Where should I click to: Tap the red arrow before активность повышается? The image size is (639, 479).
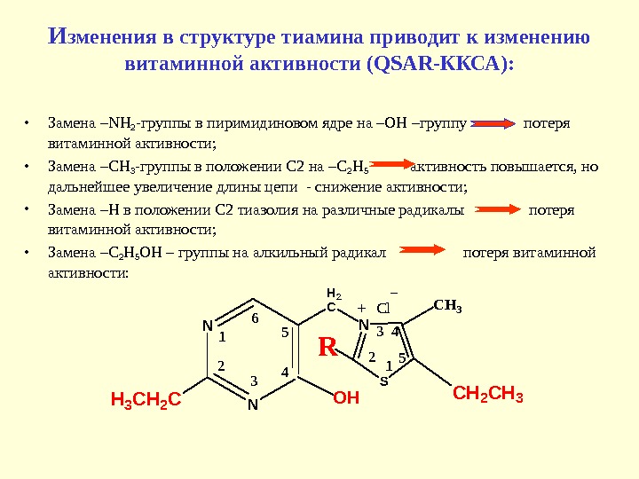[389, 166]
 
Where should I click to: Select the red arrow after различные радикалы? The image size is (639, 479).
[499, 210]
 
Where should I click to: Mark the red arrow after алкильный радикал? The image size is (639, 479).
[426, 253]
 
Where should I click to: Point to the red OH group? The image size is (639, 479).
[346, 399]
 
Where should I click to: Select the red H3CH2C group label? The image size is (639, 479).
[145, 400]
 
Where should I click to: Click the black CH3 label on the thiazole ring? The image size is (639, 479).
[448, 307]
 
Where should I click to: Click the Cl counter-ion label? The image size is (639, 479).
[383, 309]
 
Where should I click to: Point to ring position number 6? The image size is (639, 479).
[255, 318]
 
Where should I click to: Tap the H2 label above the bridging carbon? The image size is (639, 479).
[334, 293]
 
